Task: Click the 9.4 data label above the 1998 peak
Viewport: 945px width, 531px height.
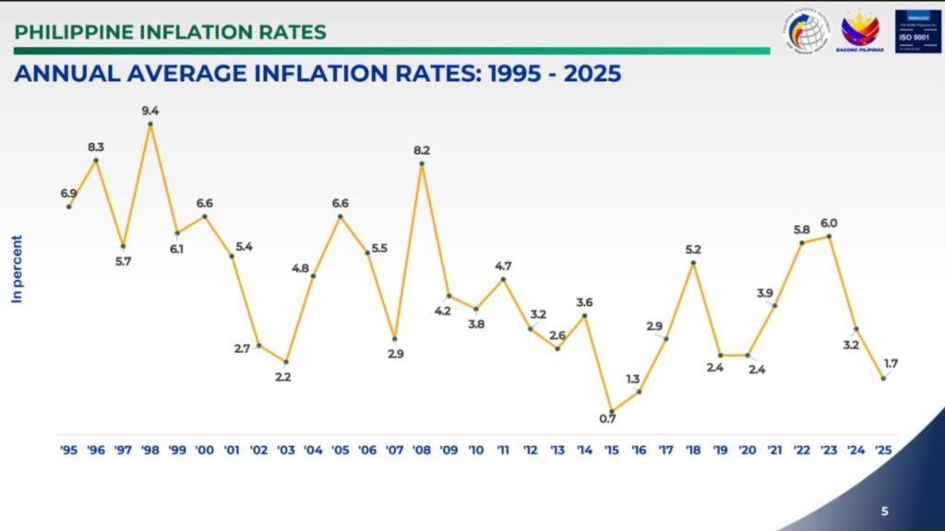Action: click(150, 112)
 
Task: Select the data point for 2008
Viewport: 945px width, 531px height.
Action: click(422, 164)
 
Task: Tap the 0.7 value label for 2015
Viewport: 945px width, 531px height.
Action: click(606, 419)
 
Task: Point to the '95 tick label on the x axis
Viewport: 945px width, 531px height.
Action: click(68, 450)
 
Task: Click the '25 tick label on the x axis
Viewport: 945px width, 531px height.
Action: click(882, 450)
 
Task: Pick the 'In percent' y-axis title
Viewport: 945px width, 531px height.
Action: click(17, 269)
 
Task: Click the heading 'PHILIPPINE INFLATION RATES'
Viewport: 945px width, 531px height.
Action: click(171, 32)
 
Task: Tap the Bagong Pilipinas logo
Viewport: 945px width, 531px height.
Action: click(859, 30)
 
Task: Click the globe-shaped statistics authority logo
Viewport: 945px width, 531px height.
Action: click(809, 30)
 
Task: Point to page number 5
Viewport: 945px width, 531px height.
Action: click(884, 510)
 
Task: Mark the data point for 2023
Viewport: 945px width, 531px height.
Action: click(831, 236)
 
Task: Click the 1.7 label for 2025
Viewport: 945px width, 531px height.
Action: click(891, 363)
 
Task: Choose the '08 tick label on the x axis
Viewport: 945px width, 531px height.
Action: click(421, 450)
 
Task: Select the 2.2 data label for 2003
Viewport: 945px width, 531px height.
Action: click(283, 377)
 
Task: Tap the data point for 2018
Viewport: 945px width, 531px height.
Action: click(693, 264)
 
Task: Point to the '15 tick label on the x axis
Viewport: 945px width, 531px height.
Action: click(611, 450)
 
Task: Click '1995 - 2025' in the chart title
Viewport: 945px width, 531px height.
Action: click(551, 75)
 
